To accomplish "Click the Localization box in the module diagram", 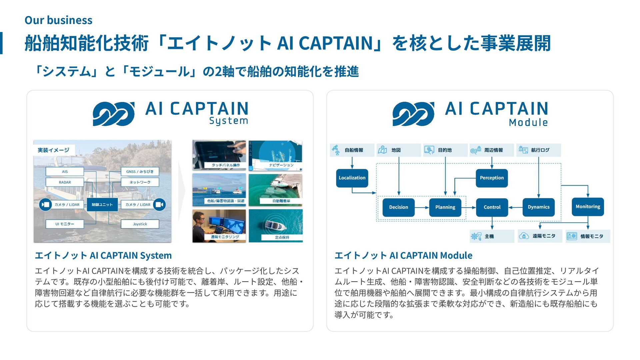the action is pos(352,178).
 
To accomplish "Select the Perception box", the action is pos(492,178).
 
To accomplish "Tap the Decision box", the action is pos(398,207).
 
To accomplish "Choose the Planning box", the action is pos(445,207).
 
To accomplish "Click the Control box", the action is pos(492,207).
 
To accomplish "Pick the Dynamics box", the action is pos(539,207).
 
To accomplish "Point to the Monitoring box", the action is pos(588,207).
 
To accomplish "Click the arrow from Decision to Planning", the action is pos(422,207).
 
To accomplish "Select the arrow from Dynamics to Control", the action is pos(515,207).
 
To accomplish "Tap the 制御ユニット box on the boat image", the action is pos(102,205).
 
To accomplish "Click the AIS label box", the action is pos(65,172).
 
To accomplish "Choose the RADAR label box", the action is pos(65,182).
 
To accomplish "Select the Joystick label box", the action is pos(140,224).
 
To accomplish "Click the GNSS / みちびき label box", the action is pos(140,172).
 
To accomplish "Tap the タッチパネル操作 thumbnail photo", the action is pos(219,155).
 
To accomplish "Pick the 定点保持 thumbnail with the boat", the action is pos(276,225).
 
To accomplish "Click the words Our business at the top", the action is pos(58,20).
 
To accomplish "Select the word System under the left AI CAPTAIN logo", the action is pos(229,121).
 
